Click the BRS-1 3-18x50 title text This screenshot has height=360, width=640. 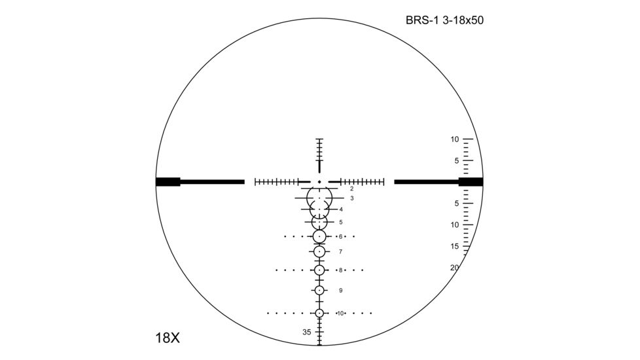(444, 20)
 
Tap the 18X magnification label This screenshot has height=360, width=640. (168, 338)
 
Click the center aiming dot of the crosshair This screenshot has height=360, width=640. (319, 181)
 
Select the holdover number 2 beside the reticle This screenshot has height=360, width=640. (351, 189)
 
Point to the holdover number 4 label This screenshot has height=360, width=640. (341, 209)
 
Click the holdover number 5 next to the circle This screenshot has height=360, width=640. (341, 223)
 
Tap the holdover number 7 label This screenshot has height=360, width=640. (341, 251)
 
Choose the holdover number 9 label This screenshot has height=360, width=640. (341, 291)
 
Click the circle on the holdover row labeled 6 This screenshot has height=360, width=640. (319, 236)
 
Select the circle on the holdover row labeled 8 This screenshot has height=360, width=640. (319, 270)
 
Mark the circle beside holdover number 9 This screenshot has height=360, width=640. (319, 291)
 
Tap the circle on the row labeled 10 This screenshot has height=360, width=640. (319, 314)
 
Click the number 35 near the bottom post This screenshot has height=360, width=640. (307, 332)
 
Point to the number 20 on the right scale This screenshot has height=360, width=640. (454, 267)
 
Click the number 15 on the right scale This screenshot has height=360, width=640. (454, 247)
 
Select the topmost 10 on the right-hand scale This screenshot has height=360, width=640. (454, 139)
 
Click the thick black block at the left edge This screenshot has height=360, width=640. (168, 182)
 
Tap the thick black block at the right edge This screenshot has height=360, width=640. (471, 182)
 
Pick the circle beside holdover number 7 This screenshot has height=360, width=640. (319, 251)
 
